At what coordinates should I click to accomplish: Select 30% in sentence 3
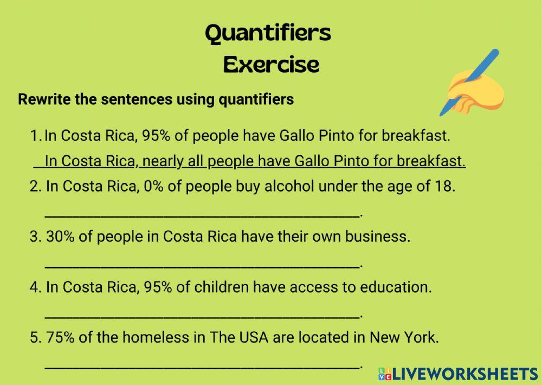[61, 237]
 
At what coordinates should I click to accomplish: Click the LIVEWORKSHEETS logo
[458, 374]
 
